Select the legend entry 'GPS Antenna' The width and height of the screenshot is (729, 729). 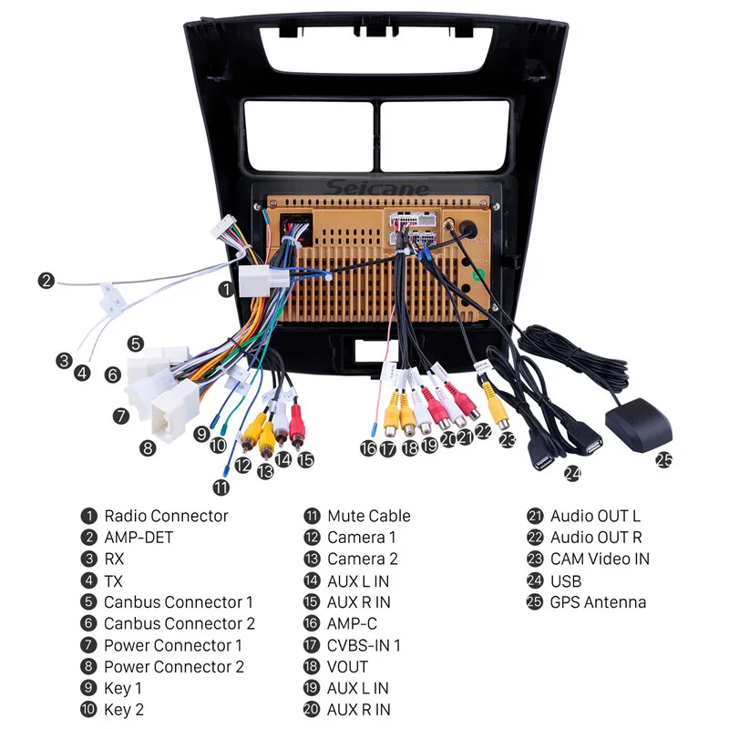[x=598, y=602]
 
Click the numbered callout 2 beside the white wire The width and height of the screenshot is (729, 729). [x=46, y=281]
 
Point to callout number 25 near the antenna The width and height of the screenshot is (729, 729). [x=664, y=460]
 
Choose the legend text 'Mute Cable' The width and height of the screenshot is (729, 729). [x=368, y=516]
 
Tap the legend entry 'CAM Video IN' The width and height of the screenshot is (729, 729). [x=600, y=559]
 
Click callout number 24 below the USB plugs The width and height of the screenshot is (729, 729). [x=572, y=473]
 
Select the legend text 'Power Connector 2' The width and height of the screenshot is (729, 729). [x=174, y=667]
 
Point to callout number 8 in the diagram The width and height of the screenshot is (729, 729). [x=149, y=447]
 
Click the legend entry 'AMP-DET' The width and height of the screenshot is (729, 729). [x=138, y=538]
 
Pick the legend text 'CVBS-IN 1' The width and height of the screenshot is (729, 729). [x=364, y=645]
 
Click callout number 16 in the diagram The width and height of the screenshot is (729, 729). [x=368, y=448]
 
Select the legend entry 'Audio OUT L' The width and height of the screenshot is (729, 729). [x=595, y=516]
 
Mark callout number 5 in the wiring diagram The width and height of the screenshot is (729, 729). [x=136, y=344]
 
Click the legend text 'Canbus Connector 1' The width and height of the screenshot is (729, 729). [x=179, y=602]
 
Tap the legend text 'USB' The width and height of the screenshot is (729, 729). [x=566, y=580]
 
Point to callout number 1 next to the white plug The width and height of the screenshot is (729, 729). [x=225, y=290]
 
